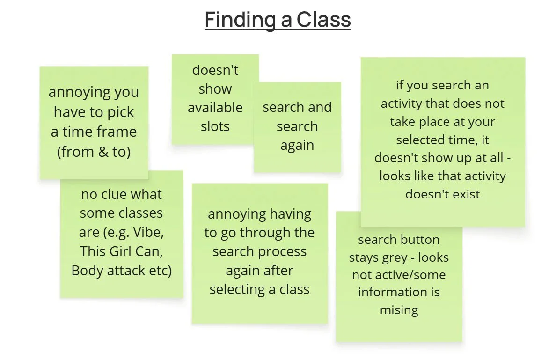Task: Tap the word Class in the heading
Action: [324, 20]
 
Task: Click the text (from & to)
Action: [94, 151]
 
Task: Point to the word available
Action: [215, 108]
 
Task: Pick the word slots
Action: [215, 126]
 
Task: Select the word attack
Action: [133, 271]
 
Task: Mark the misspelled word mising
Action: [399, 310]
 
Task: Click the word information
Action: [399, 292]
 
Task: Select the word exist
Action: [466, 194]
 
